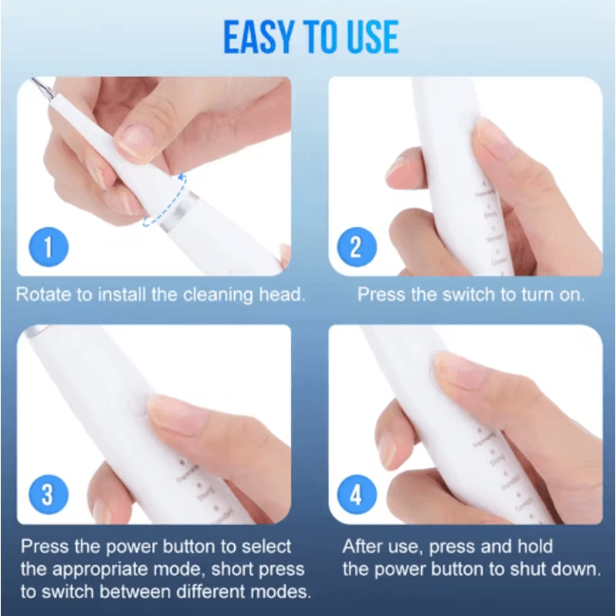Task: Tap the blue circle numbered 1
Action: coord(48,248)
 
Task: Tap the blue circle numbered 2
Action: coord(355,248)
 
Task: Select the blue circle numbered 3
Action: coord(48,494)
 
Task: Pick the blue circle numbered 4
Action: coord(355,494)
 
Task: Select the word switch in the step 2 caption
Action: coord(464,294)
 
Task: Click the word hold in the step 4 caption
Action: coord(536,547)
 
